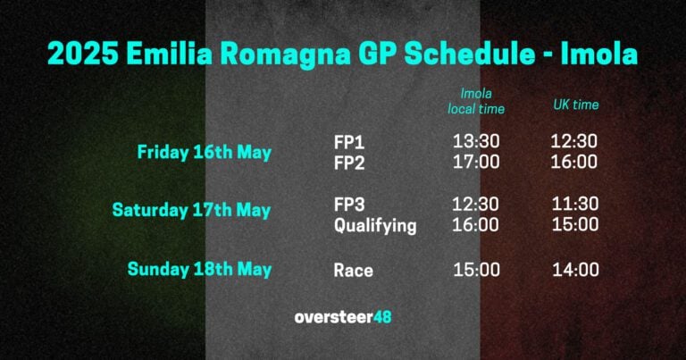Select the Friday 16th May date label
[x=204, y=152]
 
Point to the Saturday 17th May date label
[x=191, y=210]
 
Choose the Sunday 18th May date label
[x=199, y=269]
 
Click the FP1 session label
[x=349, y=141]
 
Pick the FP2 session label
[x=349, y=162]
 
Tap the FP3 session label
[x=350, y=204]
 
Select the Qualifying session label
[x=375, y=226]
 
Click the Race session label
[x=354, y=270]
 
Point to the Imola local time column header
[x=476, y=100]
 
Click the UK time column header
[x=575, y=105]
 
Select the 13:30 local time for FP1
[x=476, y=141]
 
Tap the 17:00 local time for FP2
[x=476, y=162]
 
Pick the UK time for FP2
[x=574, y=162]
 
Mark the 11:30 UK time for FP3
[x=574, y=204]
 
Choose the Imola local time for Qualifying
[x=476, y=225]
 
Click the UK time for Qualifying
[x=574, y=225]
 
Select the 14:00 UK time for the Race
[x=574, y=270]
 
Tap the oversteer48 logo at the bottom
[x=343, y=317]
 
